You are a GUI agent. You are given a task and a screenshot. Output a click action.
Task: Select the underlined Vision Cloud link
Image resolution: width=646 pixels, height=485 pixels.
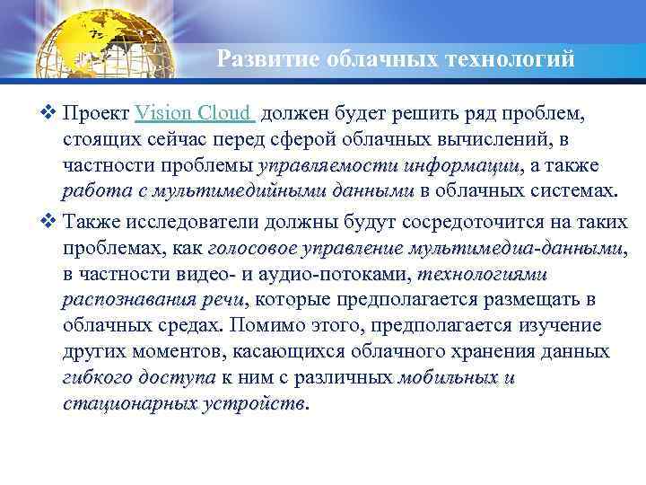pos(195,114)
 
